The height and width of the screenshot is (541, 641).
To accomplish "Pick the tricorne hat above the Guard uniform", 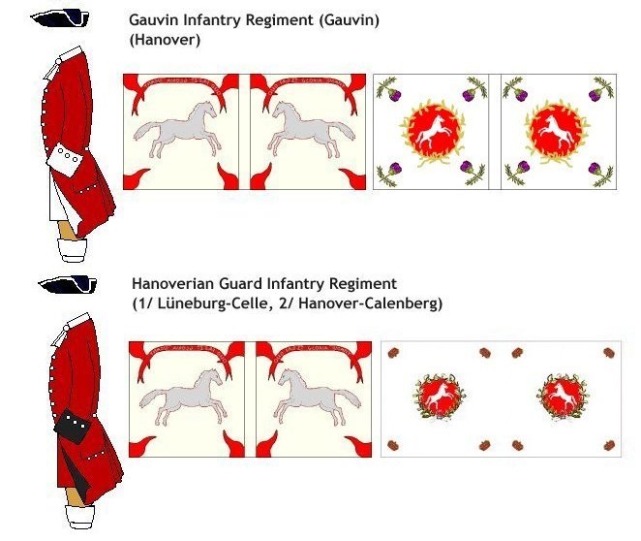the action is pos(66,284).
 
